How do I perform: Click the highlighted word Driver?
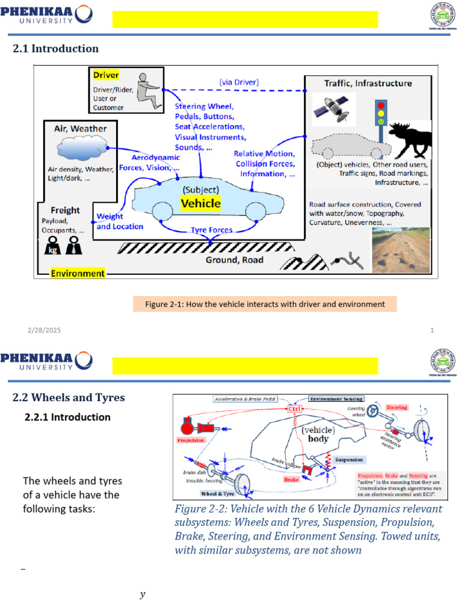[106, 75]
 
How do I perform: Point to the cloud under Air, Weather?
[82, 148]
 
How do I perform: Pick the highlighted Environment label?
[78, 273]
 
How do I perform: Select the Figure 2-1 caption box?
[265, 304]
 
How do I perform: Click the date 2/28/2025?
[44, 331]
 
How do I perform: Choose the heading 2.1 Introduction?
[55, 49]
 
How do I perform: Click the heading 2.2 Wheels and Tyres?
[69, 397]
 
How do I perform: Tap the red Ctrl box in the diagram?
[295, 409]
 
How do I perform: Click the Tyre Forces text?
[212, 230]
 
